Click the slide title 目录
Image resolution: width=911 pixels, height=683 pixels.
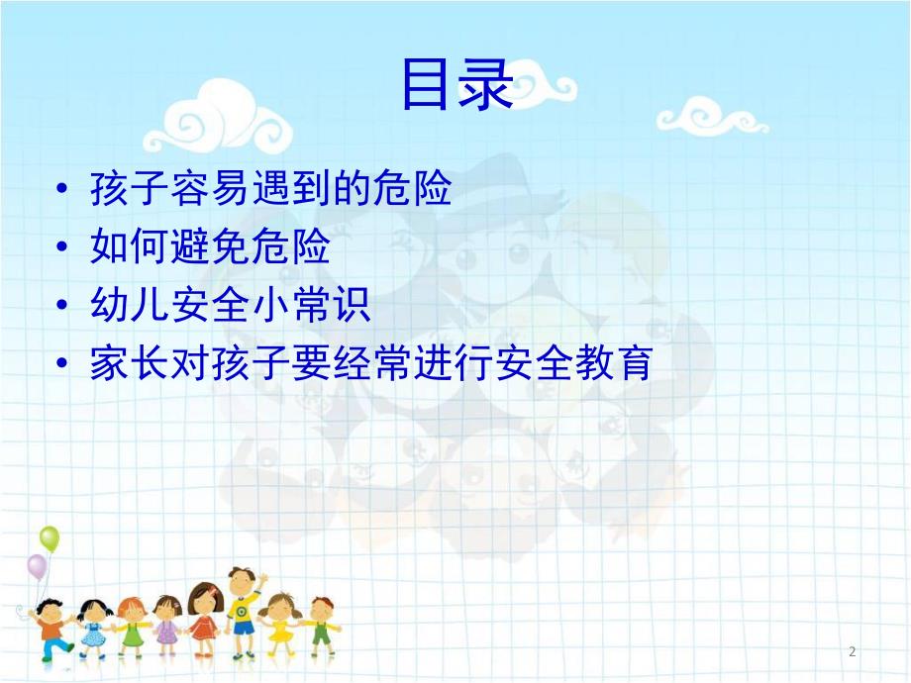pos(455,86)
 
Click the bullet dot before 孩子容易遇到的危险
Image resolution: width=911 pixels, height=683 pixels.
pos(64,190)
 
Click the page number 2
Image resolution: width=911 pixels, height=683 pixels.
pos(852,650)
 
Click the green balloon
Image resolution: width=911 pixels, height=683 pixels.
pos(50,539)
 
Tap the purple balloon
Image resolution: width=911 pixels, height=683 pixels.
pos(37,567)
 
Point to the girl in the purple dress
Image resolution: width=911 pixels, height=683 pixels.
pos(166,624)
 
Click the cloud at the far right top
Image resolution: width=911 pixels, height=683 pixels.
pos(712,116)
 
